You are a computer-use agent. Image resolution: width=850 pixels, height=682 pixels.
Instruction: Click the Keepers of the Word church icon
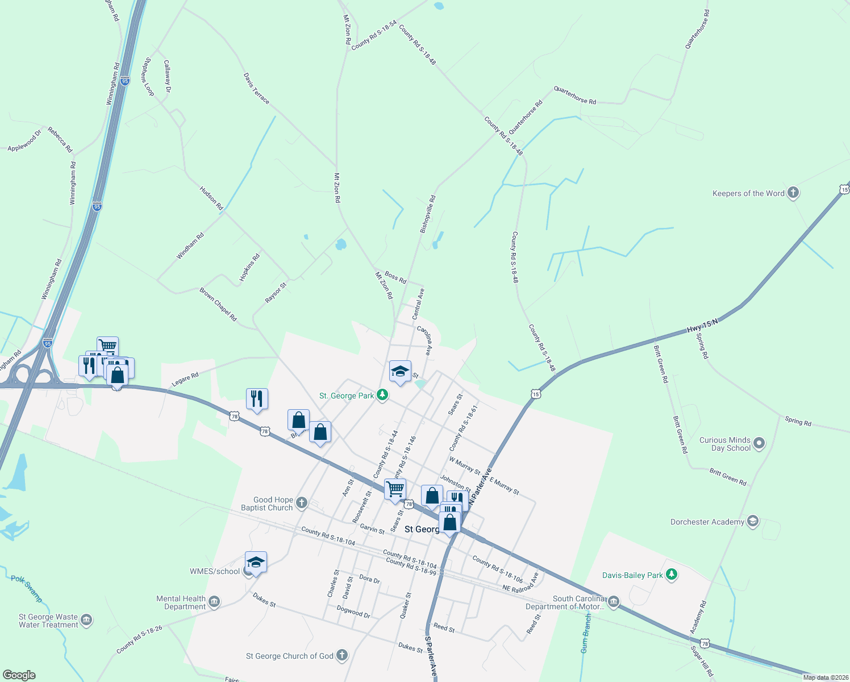pos(793,193)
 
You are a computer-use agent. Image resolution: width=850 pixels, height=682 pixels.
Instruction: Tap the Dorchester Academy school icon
pos(753,522)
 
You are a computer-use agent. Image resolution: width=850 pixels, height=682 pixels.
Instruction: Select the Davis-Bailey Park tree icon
pos(672,575)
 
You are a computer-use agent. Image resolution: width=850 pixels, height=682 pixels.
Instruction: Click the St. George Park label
pos(347,396)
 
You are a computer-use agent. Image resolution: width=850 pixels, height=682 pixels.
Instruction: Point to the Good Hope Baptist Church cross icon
pos(302,502)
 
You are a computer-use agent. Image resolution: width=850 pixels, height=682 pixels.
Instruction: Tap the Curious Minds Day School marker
pos(759,443)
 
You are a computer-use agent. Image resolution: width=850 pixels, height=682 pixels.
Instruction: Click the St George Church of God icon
pos(341,655)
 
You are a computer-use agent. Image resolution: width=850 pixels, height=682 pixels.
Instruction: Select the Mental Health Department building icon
pos(214,602)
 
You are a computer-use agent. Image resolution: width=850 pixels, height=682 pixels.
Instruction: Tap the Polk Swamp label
pos(27,588)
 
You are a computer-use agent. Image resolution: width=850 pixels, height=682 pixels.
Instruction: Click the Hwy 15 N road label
pos(702,326)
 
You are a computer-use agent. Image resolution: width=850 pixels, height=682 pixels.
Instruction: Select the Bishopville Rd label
pos(427,214)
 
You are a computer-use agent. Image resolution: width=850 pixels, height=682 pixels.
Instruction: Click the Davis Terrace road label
pos(256,88)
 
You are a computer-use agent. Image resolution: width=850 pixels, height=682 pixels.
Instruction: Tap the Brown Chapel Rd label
pos(218,305)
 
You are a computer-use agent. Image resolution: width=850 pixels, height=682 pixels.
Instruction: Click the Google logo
pos(19,675)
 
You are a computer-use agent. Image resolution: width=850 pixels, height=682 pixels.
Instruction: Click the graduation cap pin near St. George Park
pos(400,371)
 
